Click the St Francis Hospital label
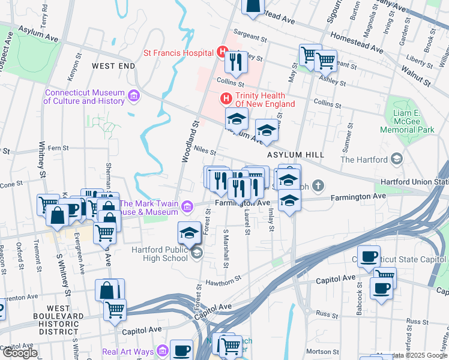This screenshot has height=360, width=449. tap(179, 53)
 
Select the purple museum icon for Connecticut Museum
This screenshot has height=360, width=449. tap(133, 95)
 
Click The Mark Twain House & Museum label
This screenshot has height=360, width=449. tap(149, 207)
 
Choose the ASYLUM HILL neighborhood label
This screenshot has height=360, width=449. tap(295, 155)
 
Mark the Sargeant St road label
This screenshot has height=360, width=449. tap(250, 37)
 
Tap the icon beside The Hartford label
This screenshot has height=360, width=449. tap(396, 159)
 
